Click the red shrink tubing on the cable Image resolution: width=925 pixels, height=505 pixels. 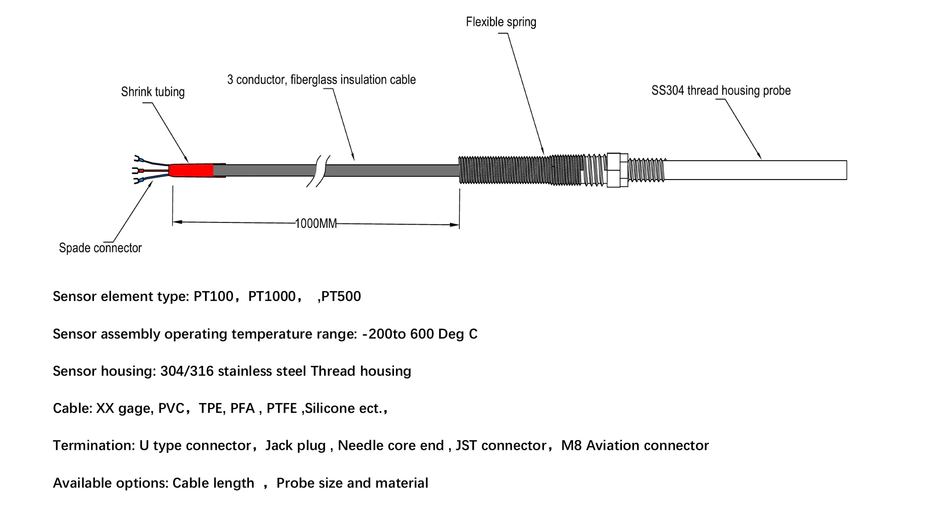click(x=192, y=170)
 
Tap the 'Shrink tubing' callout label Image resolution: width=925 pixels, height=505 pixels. click(x=153, y=92)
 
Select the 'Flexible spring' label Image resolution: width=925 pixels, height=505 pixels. click(x=501, y=22)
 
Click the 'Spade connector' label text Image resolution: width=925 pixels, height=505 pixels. click(x=100, y=248)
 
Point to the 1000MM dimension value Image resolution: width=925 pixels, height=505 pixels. click(x=316, y=223)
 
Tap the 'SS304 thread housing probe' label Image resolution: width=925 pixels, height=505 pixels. click(x=720, y=90)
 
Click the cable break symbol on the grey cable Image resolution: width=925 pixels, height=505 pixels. click(x=318, y=171)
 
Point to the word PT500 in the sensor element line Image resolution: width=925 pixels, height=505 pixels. click(x=341, y=296)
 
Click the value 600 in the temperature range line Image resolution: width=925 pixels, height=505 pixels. click(x=421, y=334)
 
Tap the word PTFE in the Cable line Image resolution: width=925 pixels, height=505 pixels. click(x=281, y=408)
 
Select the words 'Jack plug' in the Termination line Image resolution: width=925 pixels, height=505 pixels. click(x=295, y=445)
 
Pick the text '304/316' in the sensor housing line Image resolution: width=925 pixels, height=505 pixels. click(x=187, y=371)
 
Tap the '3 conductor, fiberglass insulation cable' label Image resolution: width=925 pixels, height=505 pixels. click(x=321, y=80)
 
